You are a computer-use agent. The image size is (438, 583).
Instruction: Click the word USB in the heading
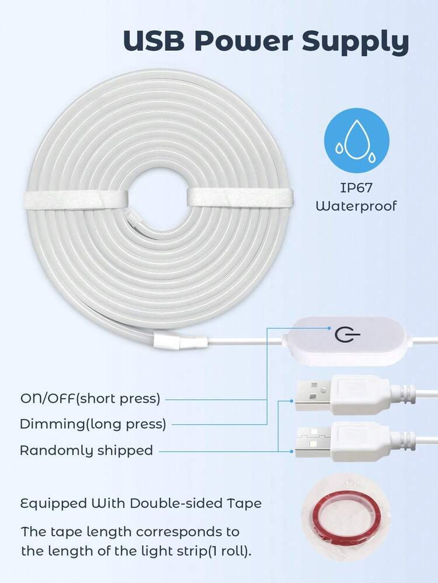click(154, 40)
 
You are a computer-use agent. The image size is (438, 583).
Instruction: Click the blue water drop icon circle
click(356, 141)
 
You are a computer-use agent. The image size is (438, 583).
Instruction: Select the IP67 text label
click(356, 187)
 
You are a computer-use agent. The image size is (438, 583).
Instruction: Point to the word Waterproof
click(356, 205)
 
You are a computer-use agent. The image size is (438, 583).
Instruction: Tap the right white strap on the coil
click(240, 197)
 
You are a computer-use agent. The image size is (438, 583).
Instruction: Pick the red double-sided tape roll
click(346, 517)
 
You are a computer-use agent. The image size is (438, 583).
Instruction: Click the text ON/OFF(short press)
click(90, 399)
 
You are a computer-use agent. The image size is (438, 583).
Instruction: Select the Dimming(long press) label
click(93, 424)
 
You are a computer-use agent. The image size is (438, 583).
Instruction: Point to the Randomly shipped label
click(86, 451)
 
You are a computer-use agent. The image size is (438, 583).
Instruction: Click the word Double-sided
click(176, 503)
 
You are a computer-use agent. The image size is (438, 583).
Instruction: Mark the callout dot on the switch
click(329, 329)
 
